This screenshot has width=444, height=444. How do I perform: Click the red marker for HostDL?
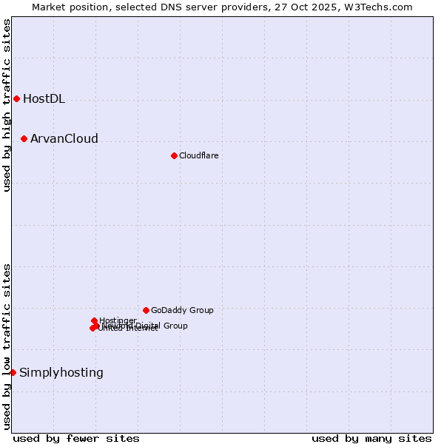point(16,98)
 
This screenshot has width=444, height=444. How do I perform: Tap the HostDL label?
point(44,99)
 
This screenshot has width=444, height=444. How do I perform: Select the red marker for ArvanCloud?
point(24,138)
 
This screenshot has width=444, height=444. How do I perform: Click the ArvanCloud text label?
point(64,139)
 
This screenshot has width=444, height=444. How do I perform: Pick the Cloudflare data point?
point(174,155)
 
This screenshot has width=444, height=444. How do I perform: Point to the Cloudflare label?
point(198,155)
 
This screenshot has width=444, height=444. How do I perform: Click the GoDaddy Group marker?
point(146,310)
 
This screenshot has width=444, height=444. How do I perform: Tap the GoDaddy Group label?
point(182,311)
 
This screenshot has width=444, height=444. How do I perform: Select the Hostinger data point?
point(94,320)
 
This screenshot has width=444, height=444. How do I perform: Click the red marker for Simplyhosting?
point(13,372)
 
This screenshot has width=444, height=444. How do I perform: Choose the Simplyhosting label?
point(61,373)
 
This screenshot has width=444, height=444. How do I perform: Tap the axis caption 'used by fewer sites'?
point(76,438)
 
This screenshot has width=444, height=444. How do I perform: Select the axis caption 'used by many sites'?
point(371,438)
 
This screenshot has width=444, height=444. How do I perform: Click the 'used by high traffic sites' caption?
point(7,106)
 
